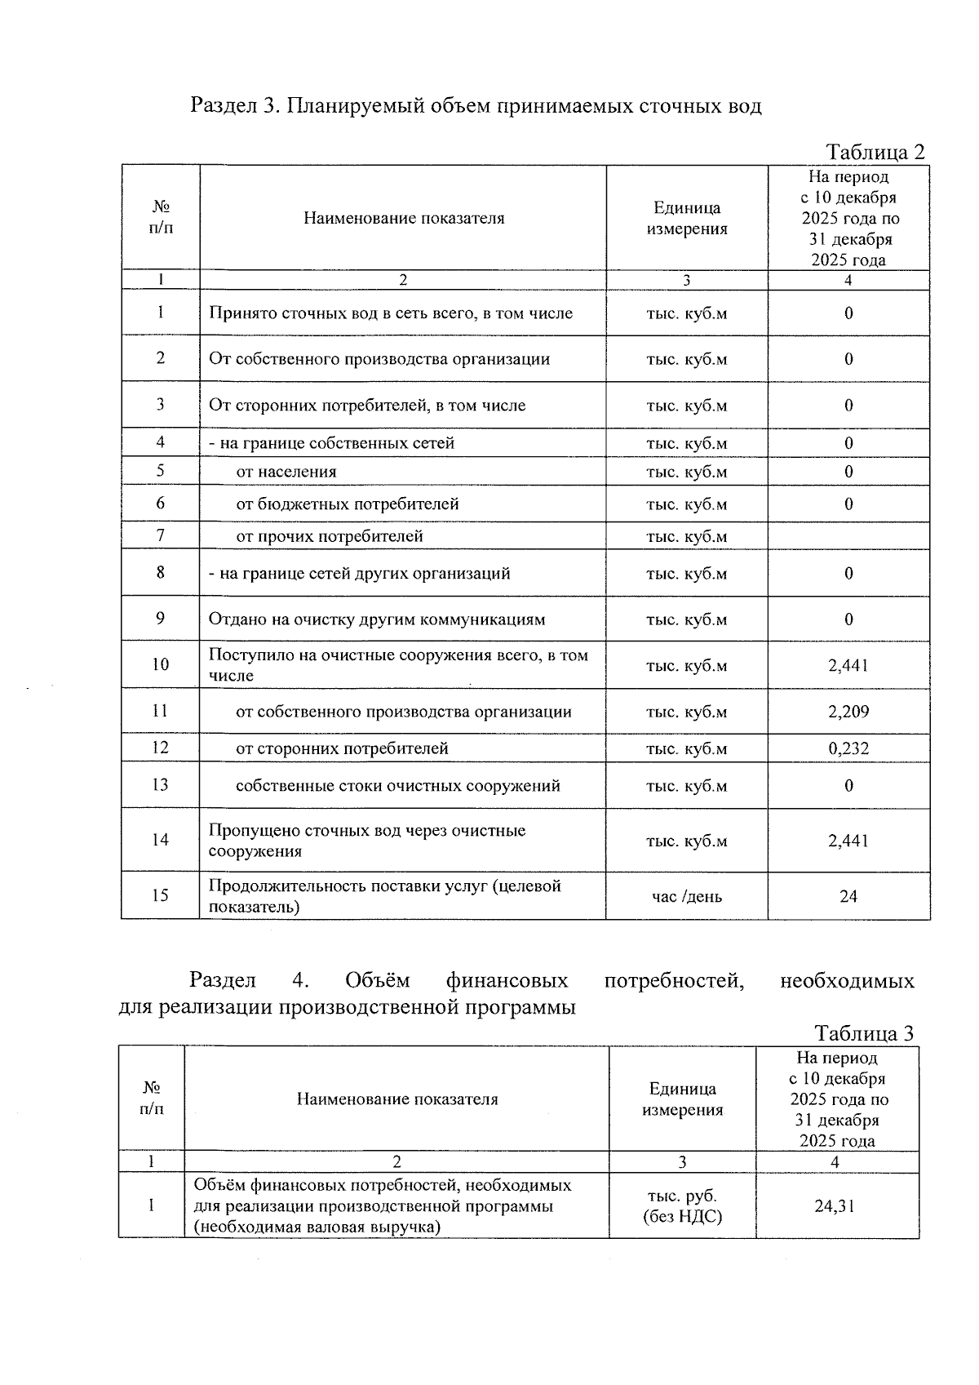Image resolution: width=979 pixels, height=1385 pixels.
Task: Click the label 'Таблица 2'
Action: pyautogui.click(x=875, y=152)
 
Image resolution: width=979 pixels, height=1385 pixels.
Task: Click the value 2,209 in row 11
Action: pyautogui.click(x=848, y=712)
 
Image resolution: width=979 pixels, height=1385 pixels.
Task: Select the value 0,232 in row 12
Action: pyautogui.click(x=848, y=748)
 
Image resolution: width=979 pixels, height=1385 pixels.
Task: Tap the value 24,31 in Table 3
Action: pyautogui.click(x=835, y=1205)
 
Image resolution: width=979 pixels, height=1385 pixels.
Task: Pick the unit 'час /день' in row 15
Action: pyautogui.click(x=686, y=896)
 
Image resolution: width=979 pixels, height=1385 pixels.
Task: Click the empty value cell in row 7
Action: pyautogui.click(x=848, y=536)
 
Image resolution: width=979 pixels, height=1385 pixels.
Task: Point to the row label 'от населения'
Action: pyautogui.click(x=286, y=472)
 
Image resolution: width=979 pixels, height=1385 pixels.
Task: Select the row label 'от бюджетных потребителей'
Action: pyautogui.click(x=348, y=504)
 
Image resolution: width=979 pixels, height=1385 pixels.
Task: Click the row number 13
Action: pyautogui.click(x=160, y=785)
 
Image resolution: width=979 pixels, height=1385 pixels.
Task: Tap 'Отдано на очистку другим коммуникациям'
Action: pyautogui.click(x=377, y=619)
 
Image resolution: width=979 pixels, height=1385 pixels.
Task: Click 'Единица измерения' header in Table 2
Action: pyautogui.click(x=687, y=218)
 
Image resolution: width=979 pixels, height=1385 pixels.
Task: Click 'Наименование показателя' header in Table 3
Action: pyautogui.click(x=396, y=1099)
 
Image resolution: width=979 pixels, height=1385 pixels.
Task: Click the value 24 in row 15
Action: pyautogui.click(x=848, y=896)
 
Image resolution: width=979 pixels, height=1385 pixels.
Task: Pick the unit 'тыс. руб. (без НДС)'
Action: pyautogui.click(x=683, y=1205)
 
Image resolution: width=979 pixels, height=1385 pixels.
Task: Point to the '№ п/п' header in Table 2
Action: pyautogui.click(x=161, y=218)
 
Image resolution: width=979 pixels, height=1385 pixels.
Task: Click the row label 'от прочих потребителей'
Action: pyautogui.click(x=330, y=536)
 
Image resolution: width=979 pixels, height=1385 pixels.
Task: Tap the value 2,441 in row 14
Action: pyautogui.click(x=848, y=841)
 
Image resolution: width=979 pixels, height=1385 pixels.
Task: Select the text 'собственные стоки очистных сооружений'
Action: pyautogui.click(x=397, y=786)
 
